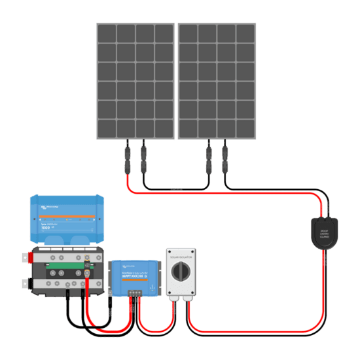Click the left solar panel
click(x=135, y=81)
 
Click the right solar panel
click(x=217, y=81)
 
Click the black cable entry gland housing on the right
click(x=324, y=233)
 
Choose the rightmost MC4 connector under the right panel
click(x=225, y=158)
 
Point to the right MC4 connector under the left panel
click(x=143, y=158)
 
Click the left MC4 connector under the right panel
click(x=209, y=158)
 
